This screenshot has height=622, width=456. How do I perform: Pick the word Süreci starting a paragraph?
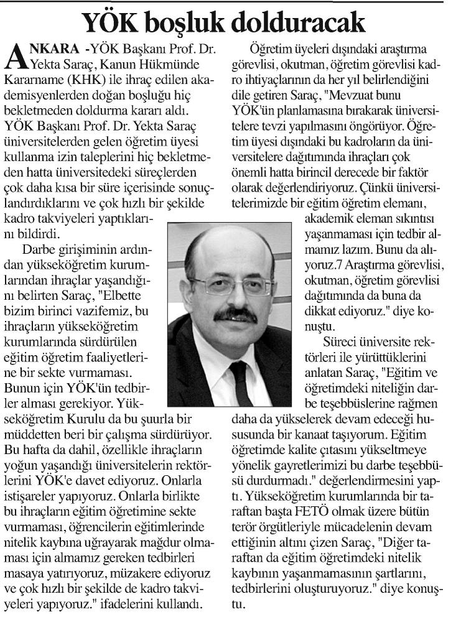point(342,341)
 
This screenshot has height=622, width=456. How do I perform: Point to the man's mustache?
point(235,314)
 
